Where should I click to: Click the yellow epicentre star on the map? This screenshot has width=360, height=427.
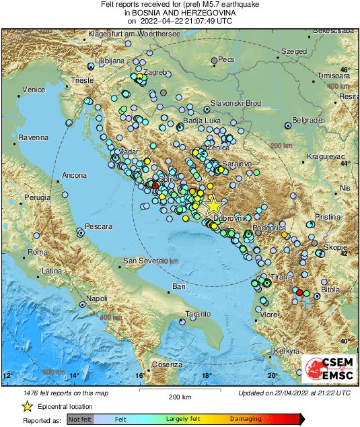pyautogui.click(x=213, y=205)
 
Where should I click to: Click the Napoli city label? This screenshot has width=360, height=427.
pyautogui.click(x=97, y=298)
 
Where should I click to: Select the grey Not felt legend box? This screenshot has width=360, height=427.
pyautogui.click(x=80, y=419)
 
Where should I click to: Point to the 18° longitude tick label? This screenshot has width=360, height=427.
pyautogui.click(x=207, y=374)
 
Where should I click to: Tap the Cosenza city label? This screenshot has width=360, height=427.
pyautogui.click(x=168, y=364)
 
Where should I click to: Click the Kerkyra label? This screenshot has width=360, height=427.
pyautogui.click(x=287, y=352)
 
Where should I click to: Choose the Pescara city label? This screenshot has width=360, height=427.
pyautogui.click(x=98, y=227)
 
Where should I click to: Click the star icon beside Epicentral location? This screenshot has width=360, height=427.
pyautogui.click(x=28, y=406)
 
